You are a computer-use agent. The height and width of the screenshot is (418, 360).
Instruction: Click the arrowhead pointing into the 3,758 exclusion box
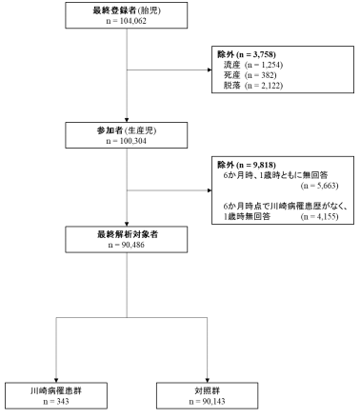click(212, 70)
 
